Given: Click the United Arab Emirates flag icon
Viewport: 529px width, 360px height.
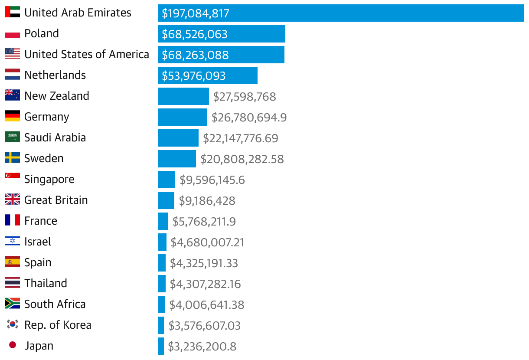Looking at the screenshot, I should [x=13, y=12].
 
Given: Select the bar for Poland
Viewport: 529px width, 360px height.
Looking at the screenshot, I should [x=221, y=34].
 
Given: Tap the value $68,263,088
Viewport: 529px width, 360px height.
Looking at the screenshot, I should [x=195, y=55].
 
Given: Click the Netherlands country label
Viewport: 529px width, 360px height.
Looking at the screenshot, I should [x=55, y=75].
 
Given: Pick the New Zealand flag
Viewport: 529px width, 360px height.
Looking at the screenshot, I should [x=13, y=95].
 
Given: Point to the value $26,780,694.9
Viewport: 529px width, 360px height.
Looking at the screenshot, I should [x=249, y=118].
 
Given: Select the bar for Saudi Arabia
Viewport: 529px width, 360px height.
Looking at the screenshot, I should [x=178, y=138].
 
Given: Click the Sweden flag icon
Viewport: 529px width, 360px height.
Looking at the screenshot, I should [x=13, y=158].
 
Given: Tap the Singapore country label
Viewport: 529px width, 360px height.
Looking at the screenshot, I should [x=49, y=179].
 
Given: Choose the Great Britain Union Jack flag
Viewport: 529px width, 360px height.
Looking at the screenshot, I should [x=13, y=200].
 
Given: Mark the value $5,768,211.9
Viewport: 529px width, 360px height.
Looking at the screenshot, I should [x=204, y=222].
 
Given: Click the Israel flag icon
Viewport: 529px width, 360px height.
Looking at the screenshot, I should [x=13, y=241].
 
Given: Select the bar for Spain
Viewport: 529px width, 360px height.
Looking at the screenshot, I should [x=162, y=263].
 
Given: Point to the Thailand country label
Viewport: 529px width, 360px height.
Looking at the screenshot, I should [x=46, y=283].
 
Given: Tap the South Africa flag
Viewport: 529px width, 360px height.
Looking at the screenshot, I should [x=13, y=304].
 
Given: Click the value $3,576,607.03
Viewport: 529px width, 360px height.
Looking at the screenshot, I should [x=204, y=326].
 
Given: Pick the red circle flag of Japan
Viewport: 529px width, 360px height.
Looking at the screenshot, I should [x=13, y=345].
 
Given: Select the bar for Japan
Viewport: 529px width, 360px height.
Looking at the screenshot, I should [x=161, y=346].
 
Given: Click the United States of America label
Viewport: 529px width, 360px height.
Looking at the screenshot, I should [x=87, y=54].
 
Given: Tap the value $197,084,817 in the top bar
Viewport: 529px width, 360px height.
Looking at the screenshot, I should [x=195, y=13].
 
